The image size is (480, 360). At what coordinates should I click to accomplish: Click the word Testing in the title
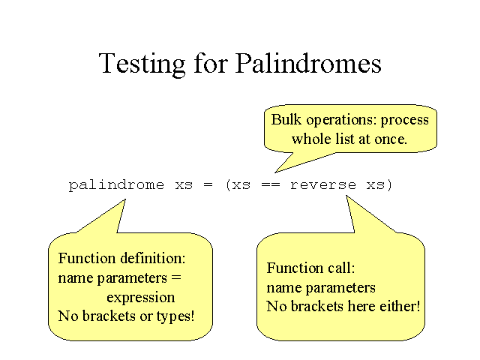[x=142, y=64]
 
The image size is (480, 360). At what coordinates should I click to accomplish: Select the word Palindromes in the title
[x=308, y=63]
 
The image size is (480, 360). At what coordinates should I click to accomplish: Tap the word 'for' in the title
[x=211, y=63]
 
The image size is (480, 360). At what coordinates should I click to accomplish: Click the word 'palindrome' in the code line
[x=116, y=185]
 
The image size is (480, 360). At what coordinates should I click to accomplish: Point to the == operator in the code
[x=271, y=185]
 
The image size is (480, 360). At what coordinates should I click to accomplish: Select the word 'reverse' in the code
[x=323, y=185]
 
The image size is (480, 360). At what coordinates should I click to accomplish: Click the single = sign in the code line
[x=208, y=185]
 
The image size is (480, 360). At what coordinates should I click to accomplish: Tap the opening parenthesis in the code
[x=228, y=185]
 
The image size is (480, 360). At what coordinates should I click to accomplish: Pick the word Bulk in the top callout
[x=286, y=119]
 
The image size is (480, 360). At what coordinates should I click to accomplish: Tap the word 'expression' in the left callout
[x=141, y=298]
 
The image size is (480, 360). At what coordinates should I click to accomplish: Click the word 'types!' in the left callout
[x=175, y=316]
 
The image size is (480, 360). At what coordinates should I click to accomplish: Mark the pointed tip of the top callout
[x=275, y=173]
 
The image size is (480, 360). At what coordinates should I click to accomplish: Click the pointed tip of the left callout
[x=125, y=199]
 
